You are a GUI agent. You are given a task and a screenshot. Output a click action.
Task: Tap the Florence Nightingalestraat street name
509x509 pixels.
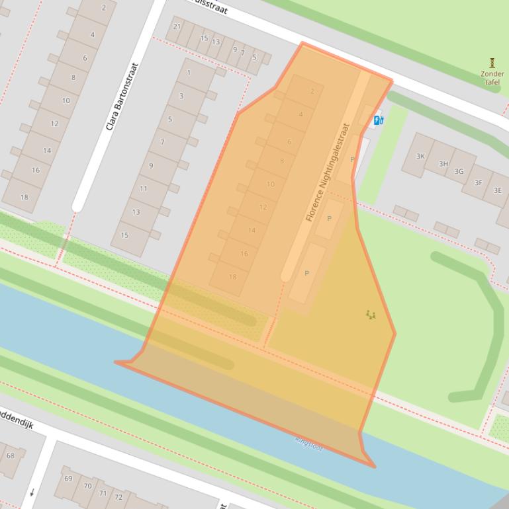(x=327, y=172)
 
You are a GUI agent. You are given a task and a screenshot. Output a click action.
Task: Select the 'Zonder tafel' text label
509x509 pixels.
(x=492, y=78)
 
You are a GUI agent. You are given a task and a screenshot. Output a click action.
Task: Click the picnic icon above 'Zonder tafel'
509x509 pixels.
(x=492, y=63)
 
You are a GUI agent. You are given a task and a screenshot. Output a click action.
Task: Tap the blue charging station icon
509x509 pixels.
(x=379, y=120)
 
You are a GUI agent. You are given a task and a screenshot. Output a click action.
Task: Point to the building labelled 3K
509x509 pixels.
(x=420, y=156)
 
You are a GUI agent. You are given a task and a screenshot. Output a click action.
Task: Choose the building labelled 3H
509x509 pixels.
(x=443, y=164)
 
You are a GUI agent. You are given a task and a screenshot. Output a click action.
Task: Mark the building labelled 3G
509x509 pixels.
(x=459, y=171)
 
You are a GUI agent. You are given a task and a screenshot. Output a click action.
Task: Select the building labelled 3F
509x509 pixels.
(x=478, y=183)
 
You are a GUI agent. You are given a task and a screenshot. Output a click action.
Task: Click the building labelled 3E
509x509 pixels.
(x=497, y=190)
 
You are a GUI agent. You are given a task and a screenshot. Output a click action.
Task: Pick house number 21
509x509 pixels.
(x=177, y=26)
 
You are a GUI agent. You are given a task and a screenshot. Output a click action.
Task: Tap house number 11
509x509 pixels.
(x=144, y=189)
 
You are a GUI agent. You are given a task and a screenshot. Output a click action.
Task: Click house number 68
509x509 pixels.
(x=11, y=455)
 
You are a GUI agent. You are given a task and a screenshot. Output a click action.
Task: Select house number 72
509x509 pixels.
(x=118, y=497)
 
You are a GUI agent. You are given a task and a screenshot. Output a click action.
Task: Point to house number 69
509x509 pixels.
(x=68, y=479)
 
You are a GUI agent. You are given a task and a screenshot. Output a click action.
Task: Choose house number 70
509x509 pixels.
(x=86, y=486)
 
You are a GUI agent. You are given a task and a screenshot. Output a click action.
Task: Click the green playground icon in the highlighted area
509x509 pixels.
(x=371, y=315)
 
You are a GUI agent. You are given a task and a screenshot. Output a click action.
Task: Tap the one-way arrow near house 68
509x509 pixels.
(x=31, y=492)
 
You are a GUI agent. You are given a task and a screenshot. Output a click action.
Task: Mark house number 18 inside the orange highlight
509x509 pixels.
(x=232, y=277)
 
